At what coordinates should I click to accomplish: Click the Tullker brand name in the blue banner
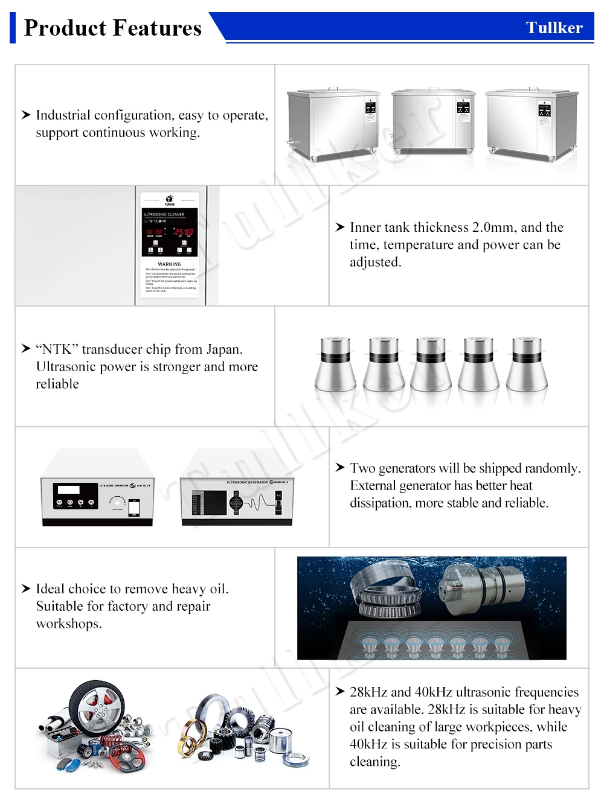[554, 28]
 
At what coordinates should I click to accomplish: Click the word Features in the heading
[157, 28]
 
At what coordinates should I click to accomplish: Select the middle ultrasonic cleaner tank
[433, 121]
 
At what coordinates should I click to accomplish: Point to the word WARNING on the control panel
[169, 264]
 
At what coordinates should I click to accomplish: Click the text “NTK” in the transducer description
[57, 349]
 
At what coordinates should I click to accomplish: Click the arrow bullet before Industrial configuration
[26, 115]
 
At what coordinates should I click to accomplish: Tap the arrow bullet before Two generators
[340, 468]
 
